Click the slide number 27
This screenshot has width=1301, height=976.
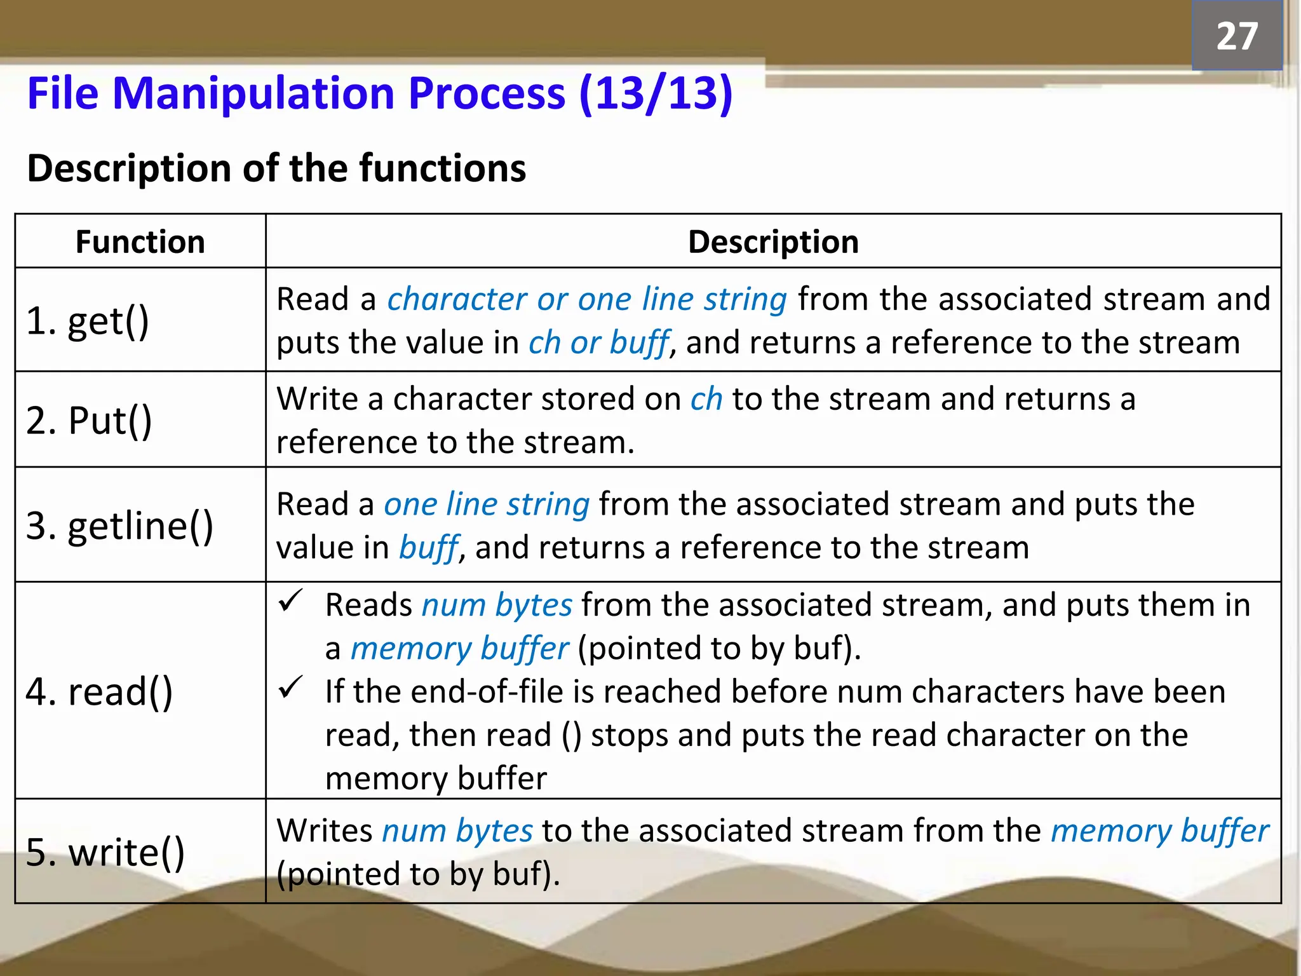[x=1236, y=36]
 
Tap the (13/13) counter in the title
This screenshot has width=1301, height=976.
[x=656, y=94]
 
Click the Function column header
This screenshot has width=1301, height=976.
[x=140, y=242]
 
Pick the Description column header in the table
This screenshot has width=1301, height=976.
[x=773, y=242]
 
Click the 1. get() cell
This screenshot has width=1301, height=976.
[x=88, y=320]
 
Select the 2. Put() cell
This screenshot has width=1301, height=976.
[x=89, y=420]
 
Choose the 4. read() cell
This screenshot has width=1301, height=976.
[x=99, y=691]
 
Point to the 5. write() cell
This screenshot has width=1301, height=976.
[x=105, y=852]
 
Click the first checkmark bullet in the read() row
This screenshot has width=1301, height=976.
[x=291, y=601]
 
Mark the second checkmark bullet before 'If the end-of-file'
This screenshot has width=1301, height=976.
[x=291, y=688]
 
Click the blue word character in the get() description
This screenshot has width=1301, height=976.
[x=456, y=299]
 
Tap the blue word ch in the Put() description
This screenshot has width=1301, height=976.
[x=706, y=400]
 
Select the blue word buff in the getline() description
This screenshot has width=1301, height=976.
[x=428, y=548]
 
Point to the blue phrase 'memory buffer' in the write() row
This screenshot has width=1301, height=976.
[x=1159, y=831]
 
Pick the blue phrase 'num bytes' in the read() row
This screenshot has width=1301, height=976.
[x=497, y=605]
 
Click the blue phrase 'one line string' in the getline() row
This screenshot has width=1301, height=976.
[x=487, y=505]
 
